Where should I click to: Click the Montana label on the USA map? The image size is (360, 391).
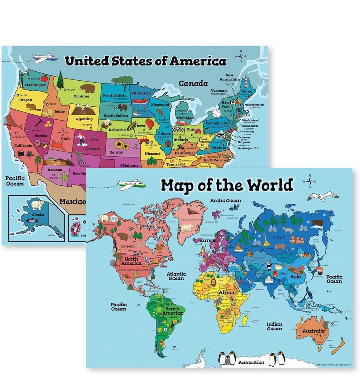pyautogui.click(x=81, y=96)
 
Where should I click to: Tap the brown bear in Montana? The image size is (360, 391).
pyautogui.click(x=87, y=88)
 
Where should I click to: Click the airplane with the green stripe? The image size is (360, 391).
pyautogui.click(x=131, y=185)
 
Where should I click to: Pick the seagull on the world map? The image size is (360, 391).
pyautogui.click(x=318, y=197)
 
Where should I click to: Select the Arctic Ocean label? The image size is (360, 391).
pyautogui.click(x=225, y=200)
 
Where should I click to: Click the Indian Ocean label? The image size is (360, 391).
pyautogui.click(x=274, y=326)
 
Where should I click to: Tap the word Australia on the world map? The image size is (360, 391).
pyautogui.click(x=313, y=331)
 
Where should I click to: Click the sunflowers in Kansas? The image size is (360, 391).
pyautogui.click(x=119, y=144)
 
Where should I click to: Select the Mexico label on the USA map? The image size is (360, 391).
pyautogui.click(x=72, y=201)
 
